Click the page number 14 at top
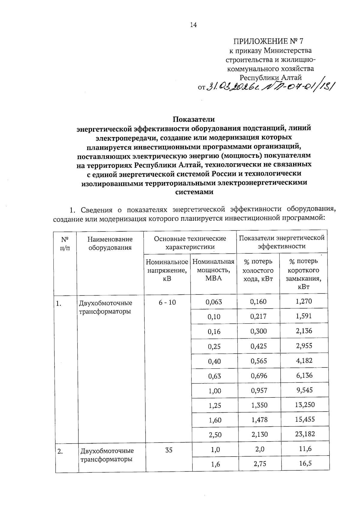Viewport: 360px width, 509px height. [193, 25]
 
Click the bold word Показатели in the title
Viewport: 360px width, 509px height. [193, 119]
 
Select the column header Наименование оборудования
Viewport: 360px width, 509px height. [110, 243]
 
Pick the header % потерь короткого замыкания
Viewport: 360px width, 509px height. [303, 274]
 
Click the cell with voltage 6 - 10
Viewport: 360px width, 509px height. [167, 302]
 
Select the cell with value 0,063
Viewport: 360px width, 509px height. [214, 302]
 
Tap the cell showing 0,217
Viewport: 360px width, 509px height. [258, 316]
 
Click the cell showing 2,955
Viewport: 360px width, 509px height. [304, 346]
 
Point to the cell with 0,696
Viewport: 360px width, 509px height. [259, 376]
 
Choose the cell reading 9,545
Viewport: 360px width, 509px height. [304, 390]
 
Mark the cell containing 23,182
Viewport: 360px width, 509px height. [305, 434]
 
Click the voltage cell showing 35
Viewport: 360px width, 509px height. [169, 450]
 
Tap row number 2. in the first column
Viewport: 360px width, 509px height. [60, 451]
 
